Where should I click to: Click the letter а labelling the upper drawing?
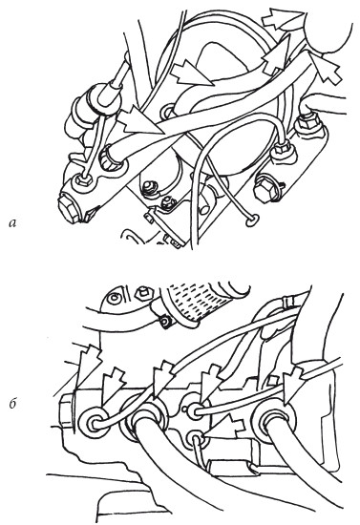pyautogui.click(x=13, y=222)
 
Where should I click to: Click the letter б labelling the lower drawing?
pyautogui.click(x=12, y=404)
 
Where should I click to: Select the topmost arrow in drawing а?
pyautogui.click(x=284, y=19)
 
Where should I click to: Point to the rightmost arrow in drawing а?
pyautogui.click(x=326, y=68)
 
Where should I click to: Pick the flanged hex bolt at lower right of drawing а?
pyautogui.click(x=267, y=190)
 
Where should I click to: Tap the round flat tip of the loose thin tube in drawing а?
pyautogui.click(x=252, y=220)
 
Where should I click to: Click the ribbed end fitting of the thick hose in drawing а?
pyautogui.click(x=111, y=159)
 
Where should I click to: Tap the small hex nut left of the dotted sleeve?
pyautogui.click(x=142, y=294)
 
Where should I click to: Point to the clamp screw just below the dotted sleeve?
pyautogui.click(x=165, y=322)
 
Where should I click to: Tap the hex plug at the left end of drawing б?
pyautogui.click(x=68, y=409)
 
